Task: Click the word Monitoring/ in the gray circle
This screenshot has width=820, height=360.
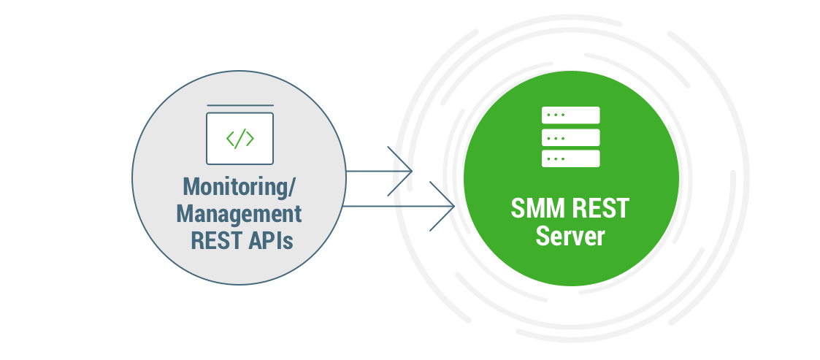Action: (x=239, y=187)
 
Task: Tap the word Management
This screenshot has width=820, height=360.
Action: (x=239, y=214)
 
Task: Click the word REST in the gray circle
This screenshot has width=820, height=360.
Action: (x=211, y=240)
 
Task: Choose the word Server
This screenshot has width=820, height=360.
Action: (x=570, y=237)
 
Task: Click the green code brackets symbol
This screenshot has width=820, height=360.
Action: (x=240, y=139)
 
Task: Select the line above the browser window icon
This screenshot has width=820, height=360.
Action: (x=240, y=106)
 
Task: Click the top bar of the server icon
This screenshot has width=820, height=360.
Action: (x=570, y=115)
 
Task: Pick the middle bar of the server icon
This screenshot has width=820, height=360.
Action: (x=570, y=137)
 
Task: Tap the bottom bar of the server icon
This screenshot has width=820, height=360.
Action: (x=570, y=158)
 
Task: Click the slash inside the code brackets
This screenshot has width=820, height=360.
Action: (x=240, y=139)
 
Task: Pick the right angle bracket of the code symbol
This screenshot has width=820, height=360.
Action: (x=250, y=139)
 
